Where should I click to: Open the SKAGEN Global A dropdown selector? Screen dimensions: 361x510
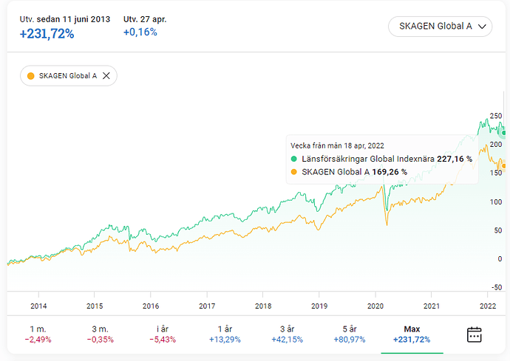coord(441,27)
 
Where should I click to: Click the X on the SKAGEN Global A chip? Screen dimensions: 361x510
coord(106,75)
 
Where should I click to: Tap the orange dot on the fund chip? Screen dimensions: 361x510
coord(30,75)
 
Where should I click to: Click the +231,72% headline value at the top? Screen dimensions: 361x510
coord(47,33)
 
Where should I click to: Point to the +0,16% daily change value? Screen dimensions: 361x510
coord(140,32)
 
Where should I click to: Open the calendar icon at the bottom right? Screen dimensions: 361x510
coord(475,334)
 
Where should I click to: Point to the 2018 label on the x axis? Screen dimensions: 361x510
coord(263,305)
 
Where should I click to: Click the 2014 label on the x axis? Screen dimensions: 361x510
coord(38,305)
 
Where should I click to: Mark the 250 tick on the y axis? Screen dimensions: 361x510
coord(494,116)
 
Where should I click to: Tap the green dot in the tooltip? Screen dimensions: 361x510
coord(293,158)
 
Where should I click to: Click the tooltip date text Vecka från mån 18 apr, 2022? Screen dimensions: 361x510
coord(337,145)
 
